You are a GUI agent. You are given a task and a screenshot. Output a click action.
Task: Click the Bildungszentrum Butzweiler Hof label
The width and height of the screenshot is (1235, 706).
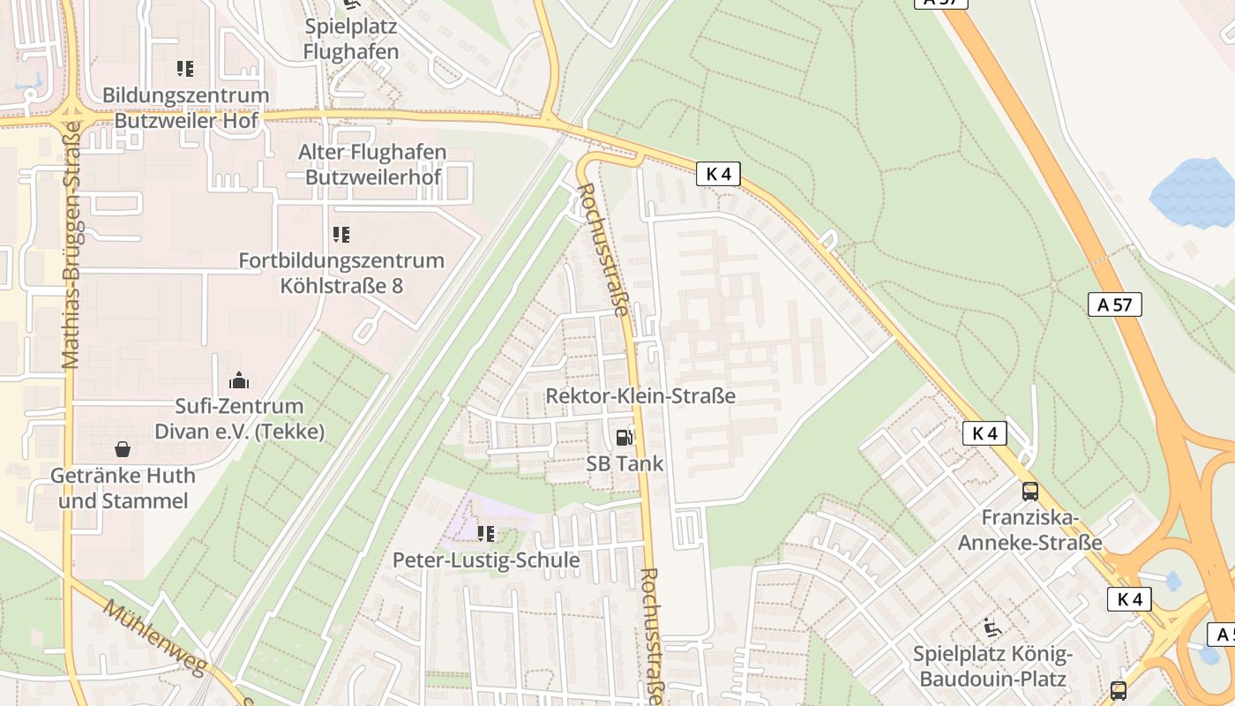click(x=185, y=107)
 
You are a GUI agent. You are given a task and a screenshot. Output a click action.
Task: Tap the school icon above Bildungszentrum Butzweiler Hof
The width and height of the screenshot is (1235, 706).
click(x=185, y=68)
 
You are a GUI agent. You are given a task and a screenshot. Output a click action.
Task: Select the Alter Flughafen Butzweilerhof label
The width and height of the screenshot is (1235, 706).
click(x=372, y=164)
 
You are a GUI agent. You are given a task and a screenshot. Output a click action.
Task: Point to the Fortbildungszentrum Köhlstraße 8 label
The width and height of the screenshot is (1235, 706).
click(x=341, y=273)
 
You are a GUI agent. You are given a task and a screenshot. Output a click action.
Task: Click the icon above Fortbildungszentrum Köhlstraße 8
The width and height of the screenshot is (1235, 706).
click(x=341, y=235)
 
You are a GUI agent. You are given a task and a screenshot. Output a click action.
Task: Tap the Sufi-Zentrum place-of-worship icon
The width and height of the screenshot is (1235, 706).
click(x=239, y=380)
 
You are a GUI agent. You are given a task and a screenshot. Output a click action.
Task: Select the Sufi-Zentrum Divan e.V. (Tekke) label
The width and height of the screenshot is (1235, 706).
click(x=239, y=418)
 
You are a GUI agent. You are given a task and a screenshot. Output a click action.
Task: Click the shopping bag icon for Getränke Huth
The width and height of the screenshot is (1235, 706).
click(x=123, y=449)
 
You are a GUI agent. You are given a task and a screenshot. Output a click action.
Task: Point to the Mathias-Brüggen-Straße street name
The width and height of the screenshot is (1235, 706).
click(x=71, y=245)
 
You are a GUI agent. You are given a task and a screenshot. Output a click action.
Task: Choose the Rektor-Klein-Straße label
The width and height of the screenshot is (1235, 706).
click(x=640, y=395)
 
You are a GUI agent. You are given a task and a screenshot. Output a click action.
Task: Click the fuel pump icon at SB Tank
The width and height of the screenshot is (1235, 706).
click(x=625, y=437)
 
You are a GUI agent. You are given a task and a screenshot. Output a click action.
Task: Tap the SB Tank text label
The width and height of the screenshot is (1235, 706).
click(x=625, y=463)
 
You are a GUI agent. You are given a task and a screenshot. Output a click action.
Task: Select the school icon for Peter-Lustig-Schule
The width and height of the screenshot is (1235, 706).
click(x=486, y=534)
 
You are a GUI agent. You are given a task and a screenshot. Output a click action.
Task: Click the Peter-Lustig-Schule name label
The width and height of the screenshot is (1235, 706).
click(x=486, y=560)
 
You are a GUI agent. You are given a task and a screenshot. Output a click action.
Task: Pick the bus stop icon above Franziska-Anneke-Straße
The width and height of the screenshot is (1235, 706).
click(x=1029, y=492)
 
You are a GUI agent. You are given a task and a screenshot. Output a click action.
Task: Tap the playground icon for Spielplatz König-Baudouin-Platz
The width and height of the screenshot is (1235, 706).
click(x=992, y=628)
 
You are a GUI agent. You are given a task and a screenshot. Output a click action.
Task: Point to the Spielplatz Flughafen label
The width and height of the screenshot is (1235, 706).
click(x=350, y=39)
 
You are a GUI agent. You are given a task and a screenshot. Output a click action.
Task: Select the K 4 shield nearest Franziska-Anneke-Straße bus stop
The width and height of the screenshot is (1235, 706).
click(x=984, y=433)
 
